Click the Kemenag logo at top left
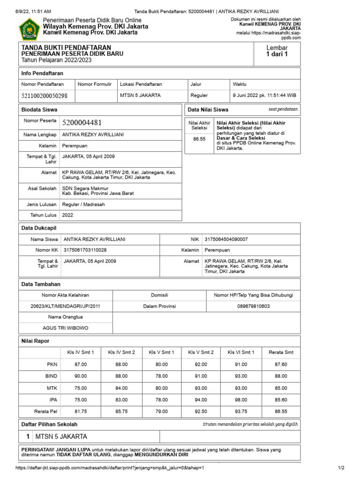(x=29, y=29)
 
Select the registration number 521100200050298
(x=44, y=96)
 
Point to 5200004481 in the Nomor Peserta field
(x=82, y=123)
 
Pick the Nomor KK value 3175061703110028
(x=85, y=250)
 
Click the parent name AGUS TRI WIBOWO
(x=65, y=328)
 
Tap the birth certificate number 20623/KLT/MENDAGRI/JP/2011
(x=65, y=306)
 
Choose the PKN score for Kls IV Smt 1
(x=81, y=364)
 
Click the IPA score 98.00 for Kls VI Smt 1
(x=241, y=400)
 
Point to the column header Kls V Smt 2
(x=201, y=352)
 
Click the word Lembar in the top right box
(x=277, y=48)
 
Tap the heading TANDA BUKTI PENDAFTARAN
(x=66, y=48)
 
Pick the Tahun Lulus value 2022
(x=67, y=215)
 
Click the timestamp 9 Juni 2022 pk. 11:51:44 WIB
(x=264, y=96)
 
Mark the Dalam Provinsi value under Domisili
(x=159, y=306)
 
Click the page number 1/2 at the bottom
(x=341, y=468)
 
